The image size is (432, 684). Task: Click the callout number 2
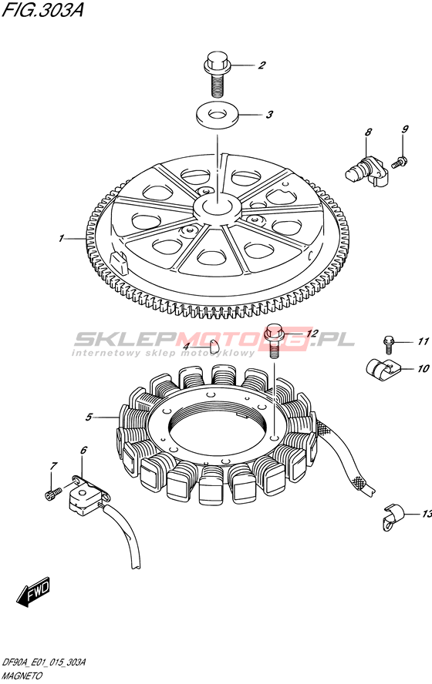(x=262, y=65)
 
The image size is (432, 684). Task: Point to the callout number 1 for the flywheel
(x=62, y=238)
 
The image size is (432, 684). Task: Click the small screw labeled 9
(x=400, y=162)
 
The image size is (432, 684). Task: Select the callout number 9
(x=405, y=129)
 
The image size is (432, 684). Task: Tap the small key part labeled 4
(x=214, y=346)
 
